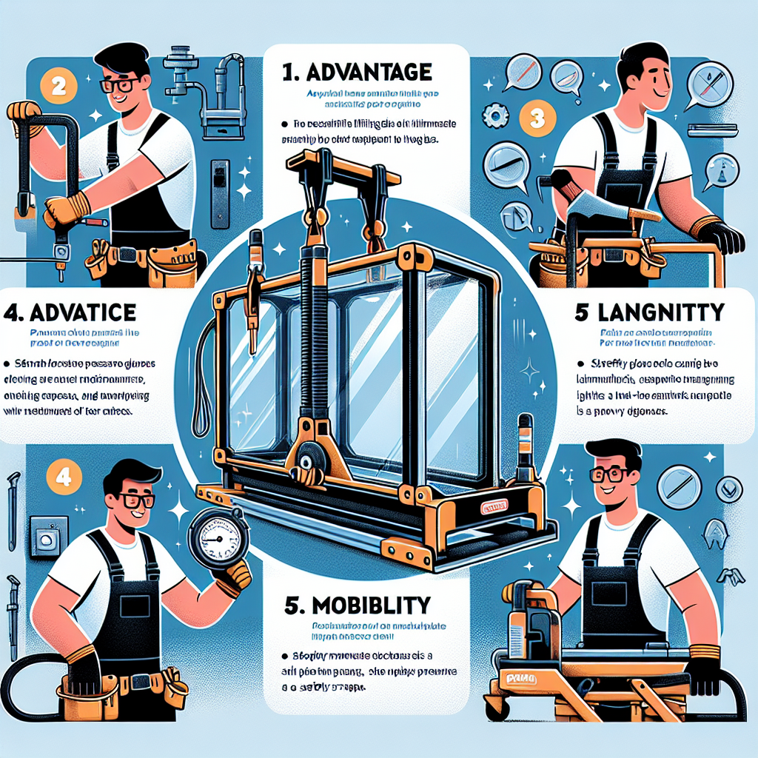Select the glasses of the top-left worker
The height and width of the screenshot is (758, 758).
click(121, 84)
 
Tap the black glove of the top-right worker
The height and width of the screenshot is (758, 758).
click(720, 237)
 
